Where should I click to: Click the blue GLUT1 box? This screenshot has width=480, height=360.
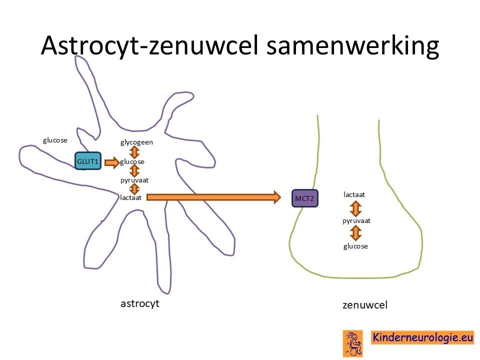[x=88, y=161]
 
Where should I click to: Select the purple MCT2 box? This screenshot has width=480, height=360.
[x=304, y=198]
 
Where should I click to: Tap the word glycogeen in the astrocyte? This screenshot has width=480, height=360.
[x=136, y=142]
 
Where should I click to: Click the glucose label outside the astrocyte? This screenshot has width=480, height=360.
[x=55, y=140]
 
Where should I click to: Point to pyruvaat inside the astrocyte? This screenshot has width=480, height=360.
[x=134, y=180]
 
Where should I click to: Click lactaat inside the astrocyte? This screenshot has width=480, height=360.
[x=131, y=197]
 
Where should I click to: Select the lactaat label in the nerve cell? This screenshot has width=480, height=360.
[x=354, y=194]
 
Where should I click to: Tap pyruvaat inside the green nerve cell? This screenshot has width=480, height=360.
[x=356, y=220]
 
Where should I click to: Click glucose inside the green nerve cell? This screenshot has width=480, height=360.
[x=355, y=246]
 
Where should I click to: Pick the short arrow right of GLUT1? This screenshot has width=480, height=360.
[x=112, y=161]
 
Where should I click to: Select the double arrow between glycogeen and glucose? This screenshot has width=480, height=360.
[x=134, y=152]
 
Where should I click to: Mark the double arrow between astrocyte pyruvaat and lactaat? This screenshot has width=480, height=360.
[x=134, y=188]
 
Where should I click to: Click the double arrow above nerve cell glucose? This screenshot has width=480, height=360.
[x=355, y=233]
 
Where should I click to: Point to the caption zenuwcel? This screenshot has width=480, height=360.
[x=365, y=304]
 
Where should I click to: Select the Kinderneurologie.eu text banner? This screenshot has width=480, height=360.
[x=422, y=337]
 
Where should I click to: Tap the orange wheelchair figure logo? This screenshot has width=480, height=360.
[x=353, y=343]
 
